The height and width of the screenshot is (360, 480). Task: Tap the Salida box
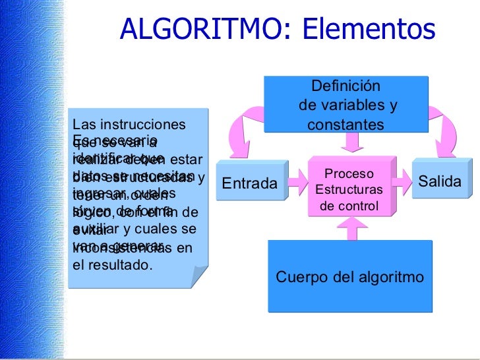(440, 181)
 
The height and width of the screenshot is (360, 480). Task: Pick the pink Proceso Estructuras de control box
(349, 190)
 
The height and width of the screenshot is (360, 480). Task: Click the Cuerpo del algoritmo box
(349, 277)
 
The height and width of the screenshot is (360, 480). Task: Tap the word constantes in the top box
(345, 125)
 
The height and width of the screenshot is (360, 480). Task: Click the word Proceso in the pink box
(349, 175)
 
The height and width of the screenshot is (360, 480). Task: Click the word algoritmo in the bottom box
(389, 277)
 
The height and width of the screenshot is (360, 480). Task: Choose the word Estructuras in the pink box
(349, 190)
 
